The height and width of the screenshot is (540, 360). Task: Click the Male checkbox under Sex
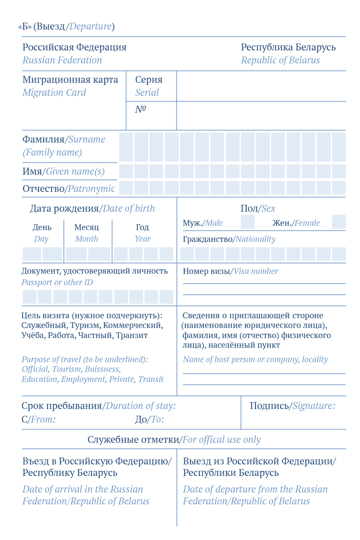pos(248,222)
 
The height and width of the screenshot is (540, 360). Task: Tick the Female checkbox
pos(338,222)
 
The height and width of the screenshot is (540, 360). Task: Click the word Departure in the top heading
pos(90,26)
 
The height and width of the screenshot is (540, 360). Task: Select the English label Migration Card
pos(54,93)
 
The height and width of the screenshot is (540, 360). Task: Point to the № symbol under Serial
pos(140,109)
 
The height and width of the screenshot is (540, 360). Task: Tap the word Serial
pos(147,93)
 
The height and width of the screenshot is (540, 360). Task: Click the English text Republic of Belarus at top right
pos(280,60)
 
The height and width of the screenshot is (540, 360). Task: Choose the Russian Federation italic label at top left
pos(62,60)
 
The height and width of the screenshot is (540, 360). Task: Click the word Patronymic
pos(91,189)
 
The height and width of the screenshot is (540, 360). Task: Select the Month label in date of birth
pos(86,239)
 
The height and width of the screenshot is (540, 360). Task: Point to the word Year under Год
pos(143,239)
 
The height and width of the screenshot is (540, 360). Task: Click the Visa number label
pos(256,271)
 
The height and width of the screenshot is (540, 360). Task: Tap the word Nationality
pos(256,239)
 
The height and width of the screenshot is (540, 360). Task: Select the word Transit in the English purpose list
pos(151,379)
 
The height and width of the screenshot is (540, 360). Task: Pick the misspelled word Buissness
pos(103,369)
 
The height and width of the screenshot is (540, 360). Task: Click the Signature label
pos(314,406)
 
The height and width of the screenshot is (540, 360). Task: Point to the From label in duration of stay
pos(43,419)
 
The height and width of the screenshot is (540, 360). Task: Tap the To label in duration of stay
pos(157,419)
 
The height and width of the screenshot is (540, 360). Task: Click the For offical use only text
pos(221,440)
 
